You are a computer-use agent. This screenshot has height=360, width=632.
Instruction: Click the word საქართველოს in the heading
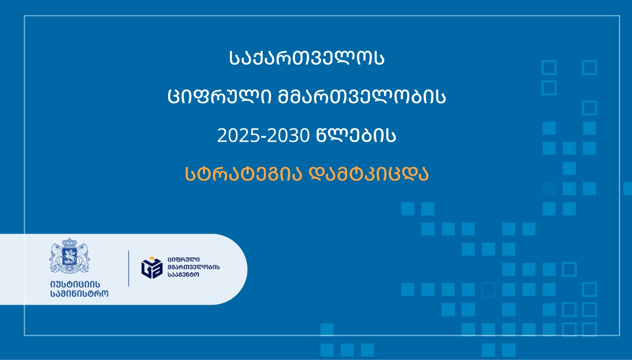(x=307, y=58)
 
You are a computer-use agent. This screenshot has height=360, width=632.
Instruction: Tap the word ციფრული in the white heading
(x=219, y=97)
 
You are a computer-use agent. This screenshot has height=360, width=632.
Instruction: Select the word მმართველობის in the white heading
(x=362, y=97)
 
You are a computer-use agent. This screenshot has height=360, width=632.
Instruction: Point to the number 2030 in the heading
(x=289, y=136)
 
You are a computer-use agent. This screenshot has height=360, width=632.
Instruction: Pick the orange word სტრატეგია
(x=244, y=174)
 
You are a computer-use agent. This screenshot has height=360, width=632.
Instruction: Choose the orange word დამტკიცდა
(x=369, y=174)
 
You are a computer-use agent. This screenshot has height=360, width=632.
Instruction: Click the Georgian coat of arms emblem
(x=70, y=256)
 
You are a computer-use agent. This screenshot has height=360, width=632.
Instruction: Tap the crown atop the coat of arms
(x=70, y=243)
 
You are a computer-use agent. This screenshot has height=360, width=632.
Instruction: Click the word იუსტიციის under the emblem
(x=75, y=284)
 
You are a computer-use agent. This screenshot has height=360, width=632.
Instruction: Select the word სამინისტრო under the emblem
(x=79, y=293)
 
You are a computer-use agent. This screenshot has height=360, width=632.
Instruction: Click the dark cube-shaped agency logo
(x=152, y=268)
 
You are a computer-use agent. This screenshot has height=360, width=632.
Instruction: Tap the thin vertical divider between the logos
(x=129, y=268)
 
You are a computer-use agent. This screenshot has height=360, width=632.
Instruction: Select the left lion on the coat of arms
(x=56, y=255)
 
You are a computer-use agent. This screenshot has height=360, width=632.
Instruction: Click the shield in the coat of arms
(x=70, y=257)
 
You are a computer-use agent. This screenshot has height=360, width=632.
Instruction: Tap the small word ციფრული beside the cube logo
(x=184, y=259)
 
